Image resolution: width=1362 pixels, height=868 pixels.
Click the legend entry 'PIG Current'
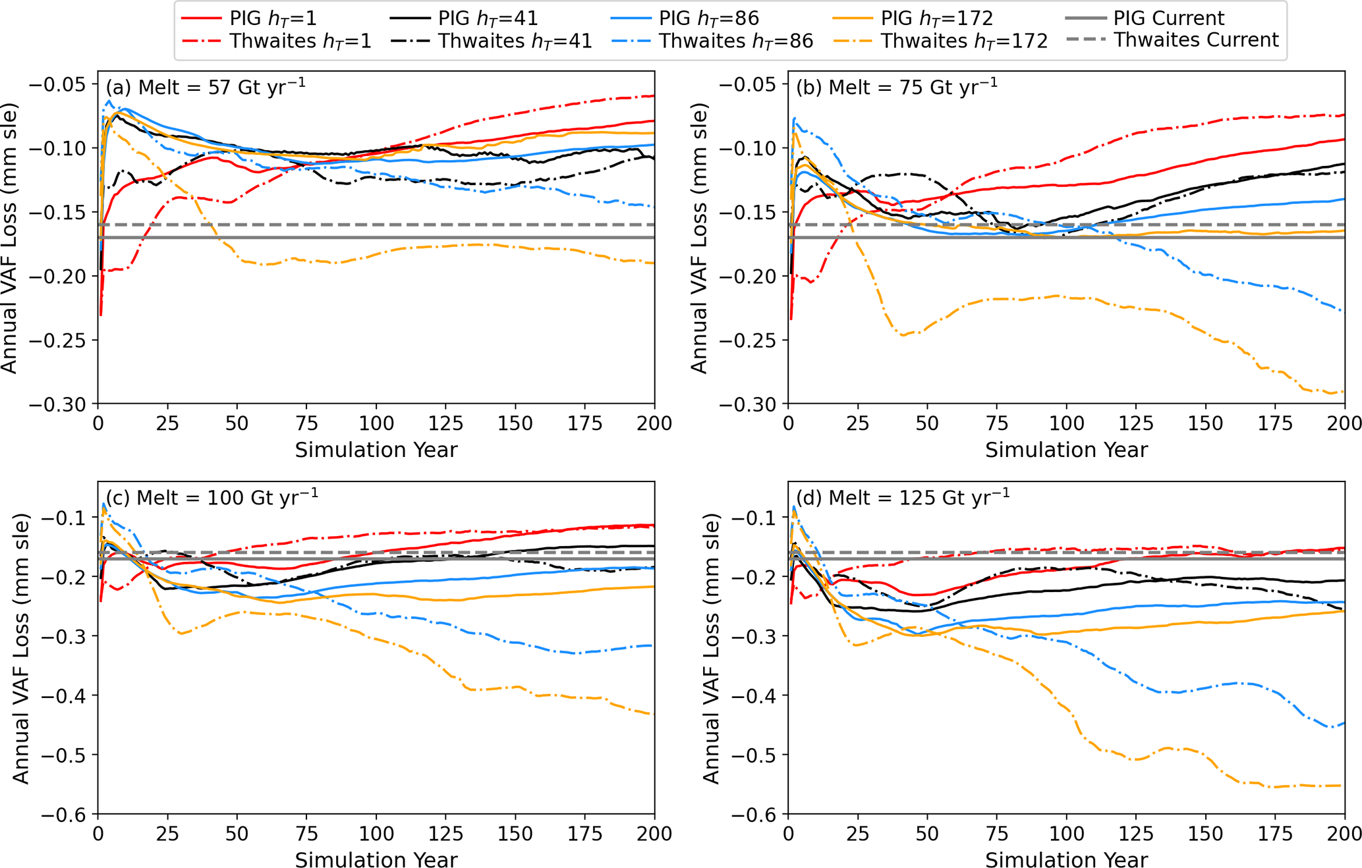[1168, 18]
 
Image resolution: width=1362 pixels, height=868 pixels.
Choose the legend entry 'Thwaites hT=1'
[300, 41]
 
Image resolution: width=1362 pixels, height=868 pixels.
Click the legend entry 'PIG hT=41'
[488, 18]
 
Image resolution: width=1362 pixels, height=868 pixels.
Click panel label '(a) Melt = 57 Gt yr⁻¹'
[206, 87]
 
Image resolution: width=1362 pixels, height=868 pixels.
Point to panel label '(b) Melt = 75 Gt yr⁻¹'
[897, 87]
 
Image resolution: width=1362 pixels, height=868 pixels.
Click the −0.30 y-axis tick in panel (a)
[58, 404]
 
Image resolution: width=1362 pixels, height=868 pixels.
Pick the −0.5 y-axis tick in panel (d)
[755, 755]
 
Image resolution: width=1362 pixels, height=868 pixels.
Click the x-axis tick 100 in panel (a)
[376, 423]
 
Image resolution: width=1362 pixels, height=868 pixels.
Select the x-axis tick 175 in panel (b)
[1276, 423]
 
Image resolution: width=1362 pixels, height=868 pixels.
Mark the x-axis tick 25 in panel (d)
[858, 834]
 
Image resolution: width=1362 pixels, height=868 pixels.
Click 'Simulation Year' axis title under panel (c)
[376, 859]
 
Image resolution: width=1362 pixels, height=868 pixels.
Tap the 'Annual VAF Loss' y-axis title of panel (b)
[699, 238]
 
